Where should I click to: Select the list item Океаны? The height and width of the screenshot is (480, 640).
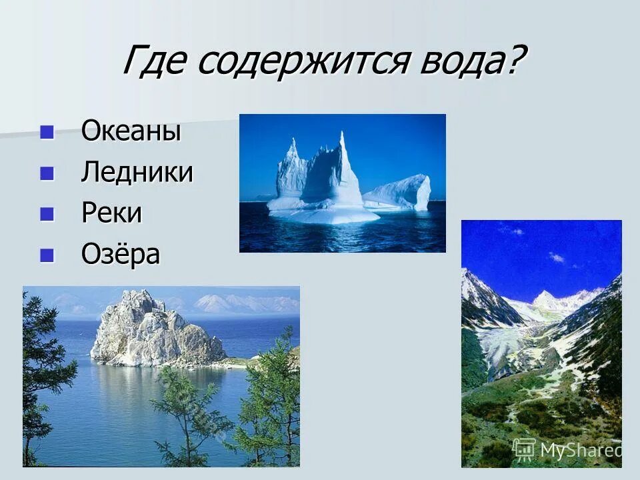tap(131, 131)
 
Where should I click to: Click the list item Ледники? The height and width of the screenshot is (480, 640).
tap(137, 173)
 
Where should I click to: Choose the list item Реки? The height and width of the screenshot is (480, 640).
tap(112, 213)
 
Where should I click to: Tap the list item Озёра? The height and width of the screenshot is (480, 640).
tap(121, 254)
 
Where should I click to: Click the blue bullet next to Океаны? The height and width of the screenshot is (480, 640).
tap(47, 131)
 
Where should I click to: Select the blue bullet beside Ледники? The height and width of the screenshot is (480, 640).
tap(47, 173)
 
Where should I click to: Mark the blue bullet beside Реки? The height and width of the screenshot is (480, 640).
tap(47, 214)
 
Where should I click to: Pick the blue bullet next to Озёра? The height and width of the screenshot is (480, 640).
tap(47, 255)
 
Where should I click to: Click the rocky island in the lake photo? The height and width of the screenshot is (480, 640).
tap(153, 330)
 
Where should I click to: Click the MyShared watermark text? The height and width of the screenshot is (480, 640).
tap(580, 450)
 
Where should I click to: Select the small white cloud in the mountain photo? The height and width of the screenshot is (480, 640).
tap(556, 257)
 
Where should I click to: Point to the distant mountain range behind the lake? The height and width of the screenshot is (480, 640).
tap(247, 304)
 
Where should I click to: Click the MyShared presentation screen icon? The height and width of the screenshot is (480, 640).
tap(524, 449)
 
